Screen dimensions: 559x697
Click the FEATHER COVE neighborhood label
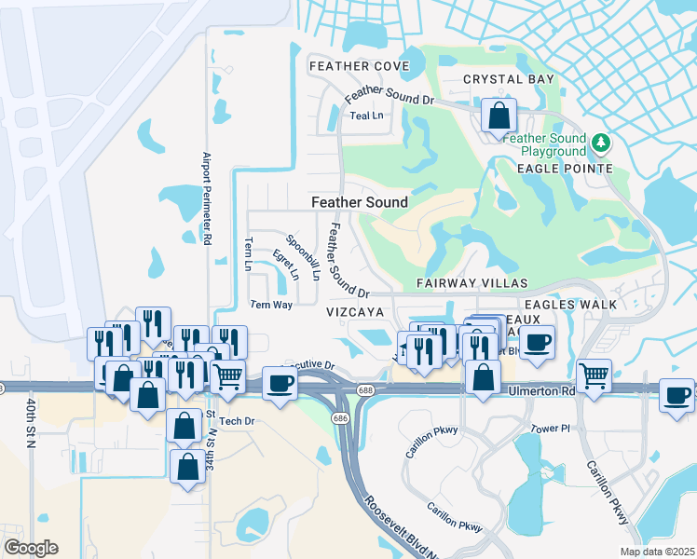(x=359, y=66)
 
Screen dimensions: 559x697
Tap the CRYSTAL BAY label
(x=508, y=80)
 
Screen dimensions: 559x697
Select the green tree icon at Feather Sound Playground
(x=602, y=142)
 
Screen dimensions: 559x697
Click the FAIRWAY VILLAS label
(x=472, y=282)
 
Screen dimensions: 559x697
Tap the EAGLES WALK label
(x=570, y=305)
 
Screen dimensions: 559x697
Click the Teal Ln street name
(x=366, y=116)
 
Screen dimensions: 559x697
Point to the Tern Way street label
(x=272, y=305)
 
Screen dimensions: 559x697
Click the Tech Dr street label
(x=237, y=421)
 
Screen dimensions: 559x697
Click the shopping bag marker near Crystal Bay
(x=499, y=116)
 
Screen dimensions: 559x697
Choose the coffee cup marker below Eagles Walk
(x=536, y=343)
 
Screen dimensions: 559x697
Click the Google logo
(x=31, y=548)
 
